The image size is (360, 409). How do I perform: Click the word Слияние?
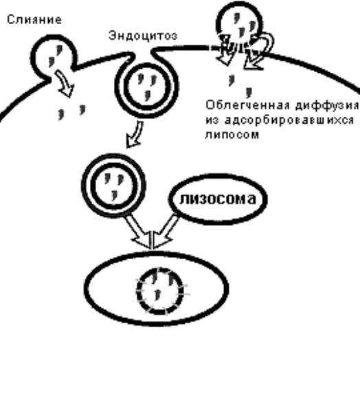point(34,19)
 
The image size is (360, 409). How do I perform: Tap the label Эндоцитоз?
point(143,36)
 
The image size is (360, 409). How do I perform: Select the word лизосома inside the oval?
point(218,199)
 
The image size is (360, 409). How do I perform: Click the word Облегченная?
point(247,105)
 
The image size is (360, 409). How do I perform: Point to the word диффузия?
point(328,106)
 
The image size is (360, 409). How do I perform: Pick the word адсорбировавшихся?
point(289,120)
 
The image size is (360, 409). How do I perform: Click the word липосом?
point(232,135)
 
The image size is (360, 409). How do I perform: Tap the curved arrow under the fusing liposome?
point(65,83)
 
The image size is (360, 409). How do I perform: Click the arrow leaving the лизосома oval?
point(166,231)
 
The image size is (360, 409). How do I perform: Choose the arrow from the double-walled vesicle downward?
point(137,231)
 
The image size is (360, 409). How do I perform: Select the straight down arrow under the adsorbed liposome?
point(225,51)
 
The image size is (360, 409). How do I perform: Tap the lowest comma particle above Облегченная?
point(249,92)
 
